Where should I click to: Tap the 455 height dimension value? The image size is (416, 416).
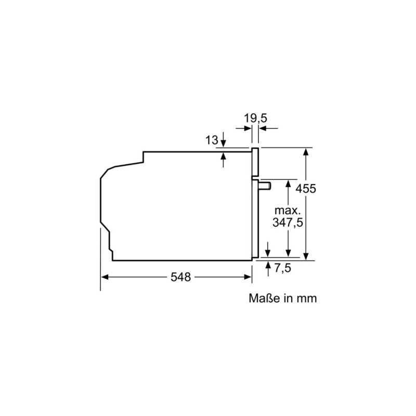pyautogui.click(x=305, y=189)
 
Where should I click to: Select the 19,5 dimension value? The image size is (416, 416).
pyautogui.click(x=255, y=119)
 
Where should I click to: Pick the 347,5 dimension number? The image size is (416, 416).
pyautogui.click(x=288, y=223)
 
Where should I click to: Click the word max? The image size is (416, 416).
pyautogui.click(x=288, y=211)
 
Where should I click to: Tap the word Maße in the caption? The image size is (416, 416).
pyautogui.click(x=263, y=298)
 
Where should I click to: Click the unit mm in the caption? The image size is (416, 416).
pyautogui.click(x=307, y=298)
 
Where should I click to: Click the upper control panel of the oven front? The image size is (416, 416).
pyautogui.click(x=255, y=163)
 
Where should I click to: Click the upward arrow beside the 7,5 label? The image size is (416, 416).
pyautogui.click(x=268, y=265)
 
